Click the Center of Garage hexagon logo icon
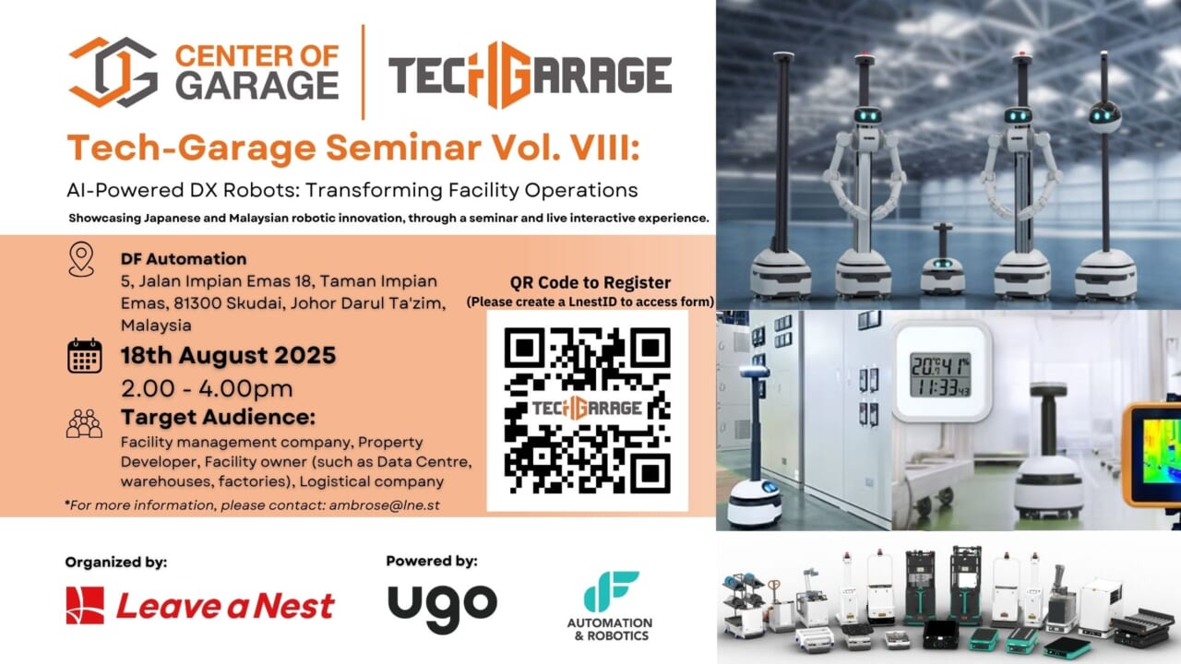pos(113,72)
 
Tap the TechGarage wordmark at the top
pos(530,75)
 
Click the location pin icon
pos(81,259)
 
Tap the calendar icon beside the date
pos(84,356)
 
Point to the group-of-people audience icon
pos(84,423)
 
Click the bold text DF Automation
pos(184,259)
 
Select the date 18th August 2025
pos(228,355)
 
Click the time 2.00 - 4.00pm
pos(207,389)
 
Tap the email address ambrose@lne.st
pos(385,504)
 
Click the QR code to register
pos(588,410)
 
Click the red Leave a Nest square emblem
pos(85,605)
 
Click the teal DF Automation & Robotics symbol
pos(611,591)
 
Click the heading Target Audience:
pos(219,417)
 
